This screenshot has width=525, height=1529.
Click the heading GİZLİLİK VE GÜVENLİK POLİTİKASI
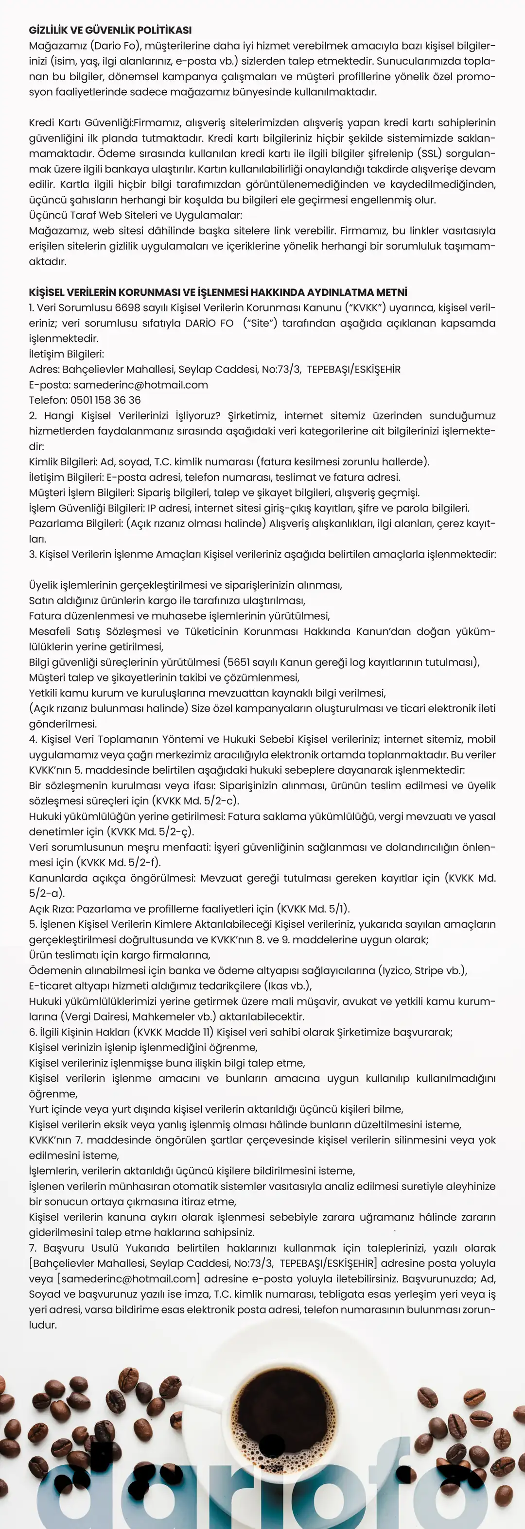[110, 30]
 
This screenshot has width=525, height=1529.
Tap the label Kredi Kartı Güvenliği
[80, 122]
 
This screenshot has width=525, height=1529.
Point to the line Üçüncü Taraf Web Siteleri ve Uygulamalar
[136, 215]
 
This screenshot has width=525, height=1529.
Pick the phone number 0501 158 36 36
[105, 400]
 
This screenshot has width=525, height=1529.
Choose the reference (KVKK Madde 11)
[176, 1032]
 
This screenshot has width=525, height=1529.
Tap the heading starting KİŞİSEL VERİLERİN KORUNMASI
[218, 292]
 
